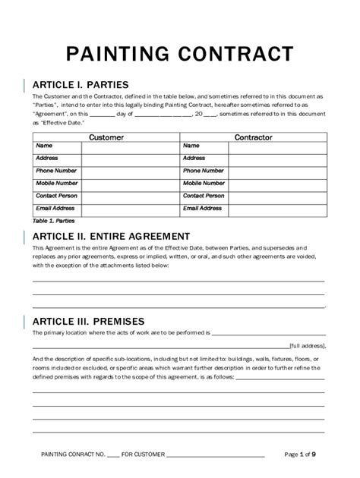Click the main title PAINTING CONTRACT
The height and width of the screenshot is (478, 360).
(179, 54)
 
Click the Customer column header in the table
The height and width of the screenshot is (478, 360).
(106, 137)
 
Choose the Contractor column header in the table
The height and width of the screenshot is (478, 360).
(253, 137)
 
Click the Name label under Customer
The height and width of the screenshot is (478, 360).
(44, 146)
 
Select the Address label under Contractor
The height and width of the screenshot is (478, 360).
(194, 158)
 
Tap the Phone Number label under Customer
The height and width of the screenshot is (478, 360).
(55, 171)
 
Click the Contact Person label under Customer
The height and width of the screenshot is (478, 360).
(57, 195)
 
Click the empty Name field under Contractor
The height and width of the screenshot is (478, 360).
(276, 146)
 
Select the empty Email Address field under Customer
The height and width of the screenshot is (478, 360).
(129, 207)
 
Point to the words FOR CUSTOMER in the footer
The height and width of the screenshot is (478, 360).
(143, 454)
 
